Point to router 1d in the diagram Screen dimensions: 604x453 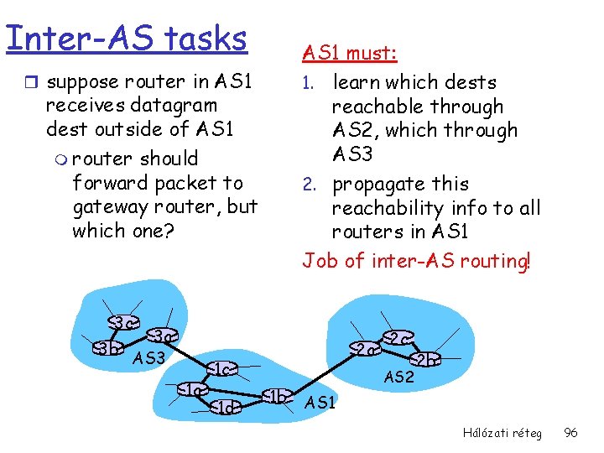(x=224, y=408)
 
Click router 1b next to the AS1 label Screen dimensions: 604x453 (x=277, y=396)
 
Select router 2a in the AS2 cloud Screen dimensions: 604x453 (x=362, y=348)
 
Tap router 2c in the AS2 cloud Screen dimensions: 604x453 (x=396, y=337)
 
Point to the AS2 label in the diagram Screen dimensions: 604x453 (x=399, y=377)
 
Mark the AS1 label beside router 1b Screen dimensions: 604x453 (x=320, y=404)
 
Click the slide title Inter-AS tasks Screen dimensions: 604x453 (x=126, y=38)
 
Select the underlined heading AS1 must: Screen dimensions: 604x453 (x=349, y=54)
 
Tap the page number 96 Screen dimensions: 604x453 (x=570, y=433)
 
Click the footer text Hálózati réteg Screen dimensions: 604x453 (x=502, y=433)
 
